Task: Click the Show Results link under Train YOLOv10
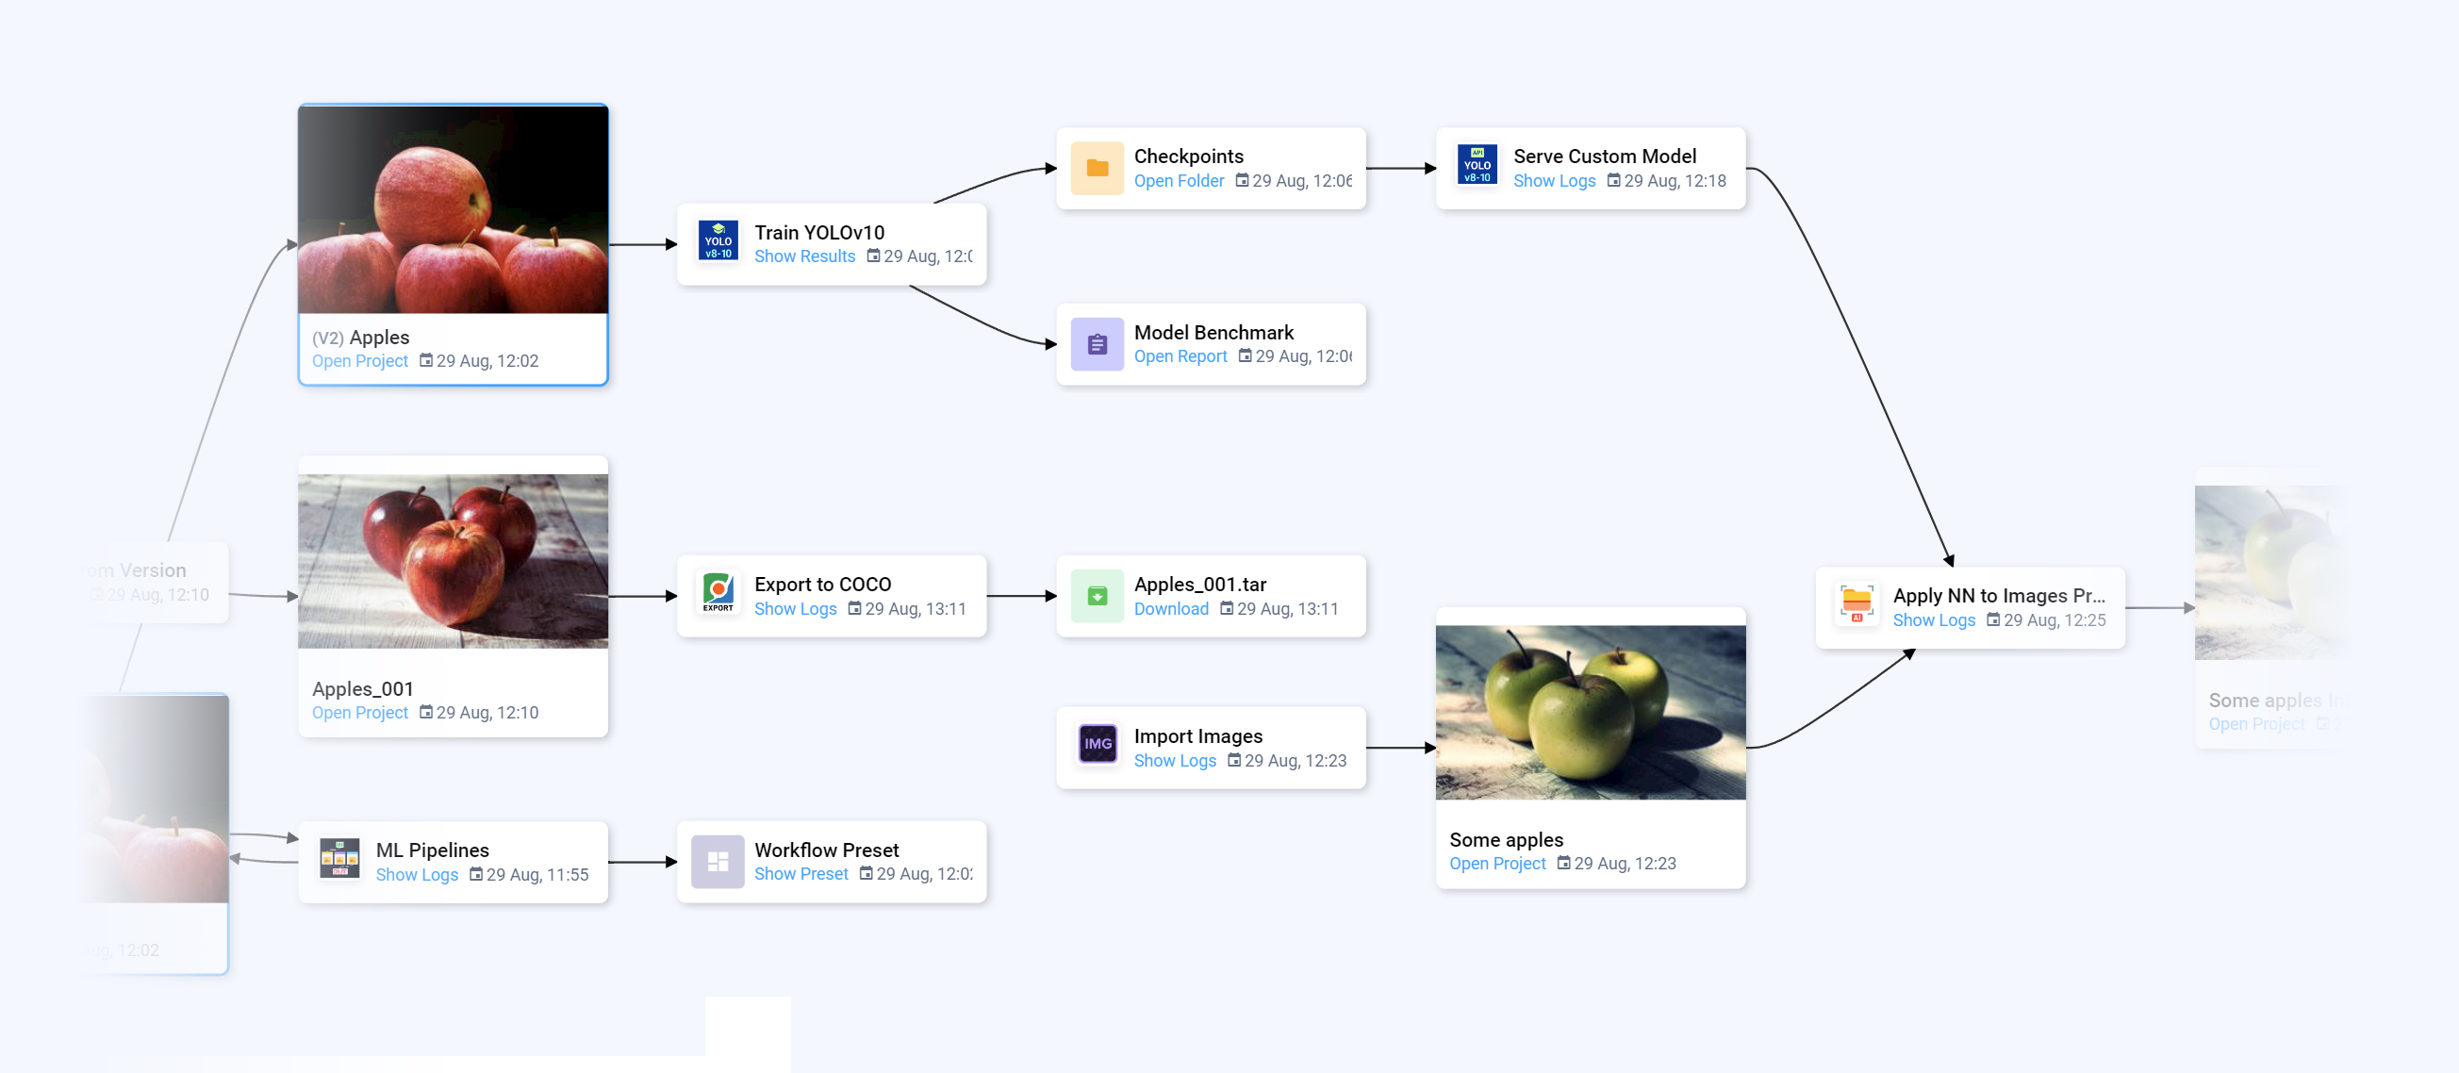coord(803,256)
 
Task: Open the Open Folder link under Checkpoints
coord(1178,180)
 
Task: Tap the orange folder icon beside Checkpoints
coord(1097,168)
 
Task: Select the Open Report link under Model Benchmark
coord(1180,356)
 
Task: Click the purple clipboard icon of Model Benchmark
coord(1097,343)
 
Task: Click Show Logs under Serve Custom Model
coord(1553,180)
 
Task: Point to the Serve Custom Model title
coord(1604,156)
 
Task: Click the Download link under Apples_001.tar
coord(1170,608)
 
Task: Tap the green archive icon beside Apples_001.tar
coord(1097,596)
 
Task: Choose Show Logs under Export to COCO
coord(794,608)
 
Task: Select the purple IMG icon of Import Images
coord(1097,743)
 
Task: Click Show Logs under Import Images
coord(1174,760)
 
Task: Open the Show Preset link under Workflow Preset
coord(800,873)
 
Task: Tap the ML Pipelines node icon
coord(338,858)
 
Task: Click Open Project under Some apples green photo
coord(1496,863)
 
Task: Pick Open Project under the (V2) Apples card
coord(359,361)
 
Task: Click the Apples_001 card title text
coord(363,688)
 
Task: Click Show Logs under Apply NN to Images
coord(1933,619)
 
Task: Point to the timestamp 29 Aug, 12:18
coord(1674,180)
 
